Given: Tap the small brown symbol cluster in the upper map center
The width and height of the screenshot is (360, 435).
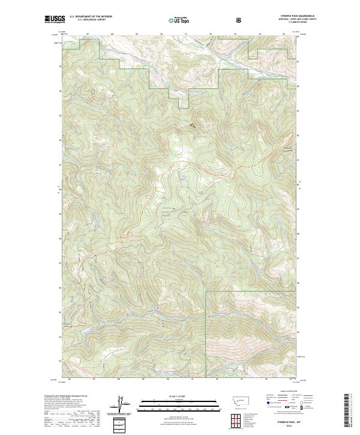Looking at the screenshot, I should (x=193, y=125).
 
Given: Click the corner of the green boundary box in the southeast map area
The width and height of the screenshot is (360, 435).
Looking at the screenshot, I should (x=206, y=292).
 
